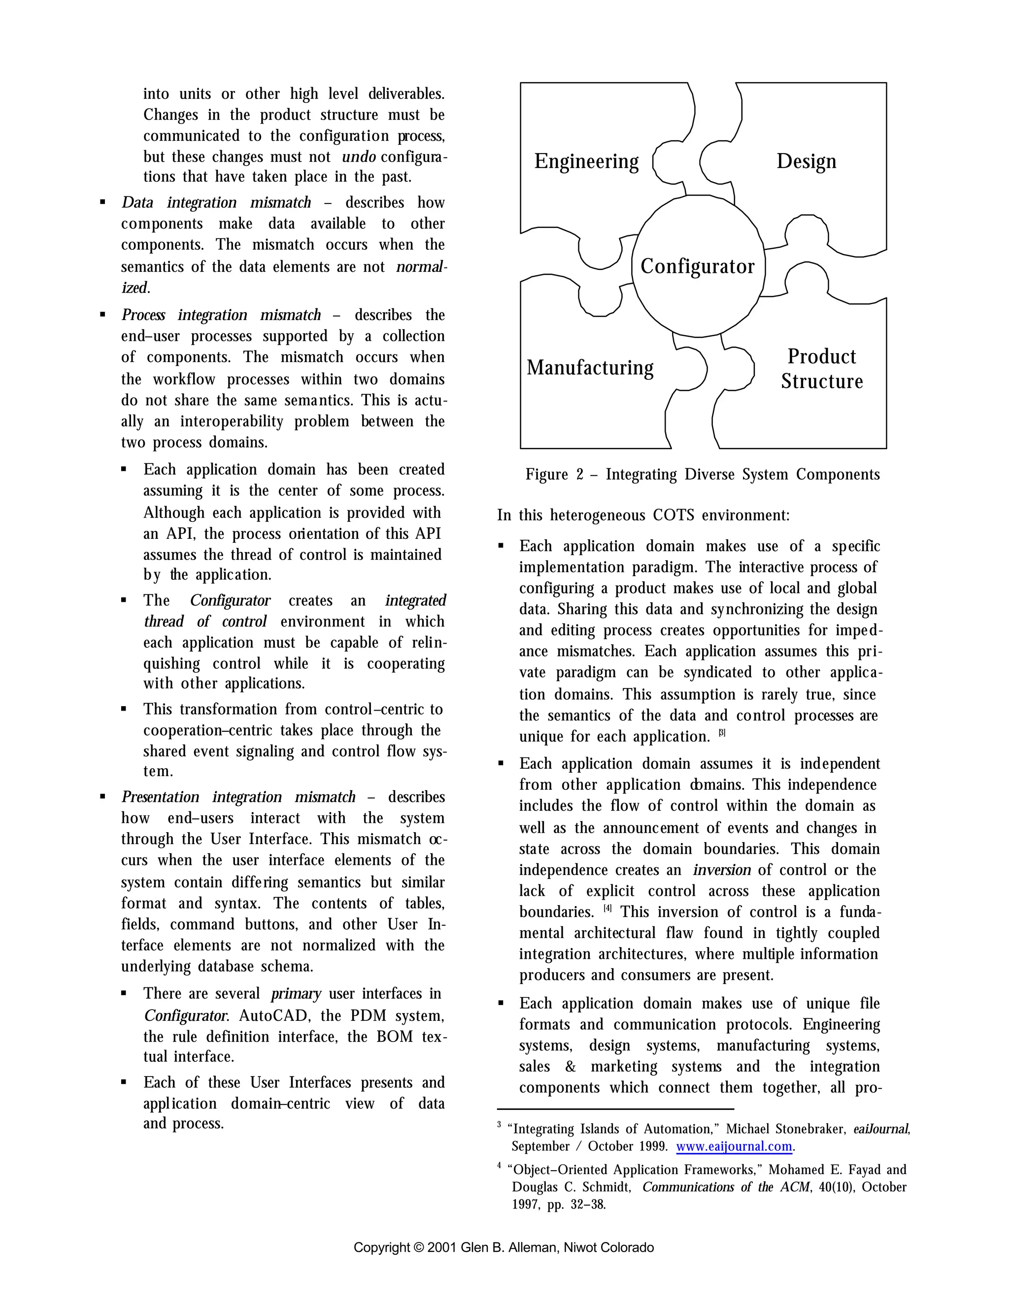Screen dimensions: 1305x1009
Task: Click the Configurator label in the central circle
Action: [697, 266]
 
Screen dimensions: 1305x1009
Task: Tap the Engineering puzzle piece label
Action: [586, 162]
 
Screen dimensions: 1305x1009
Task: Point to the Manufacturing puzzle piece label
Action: [589, 367]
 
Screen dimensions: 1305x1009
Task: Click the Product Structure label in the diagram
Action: [821, 369]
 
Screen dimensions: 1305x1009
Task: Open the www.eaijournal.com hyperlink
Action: [734, 1146]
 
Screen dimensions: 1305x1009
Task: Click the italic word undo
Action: [359, 157]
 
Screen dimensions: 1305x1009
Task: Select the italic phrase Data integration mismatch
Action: [216, 202]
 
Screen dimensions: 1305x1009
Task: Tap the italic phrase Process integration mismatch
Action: [221, 315]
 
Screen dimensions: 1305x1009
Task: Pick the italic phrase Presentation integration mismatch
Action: [238, 797]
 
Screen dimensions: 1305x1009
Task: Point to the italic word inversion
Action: [721, 870]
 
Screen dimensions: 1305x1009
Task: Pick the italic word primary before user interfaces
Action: [295, 994]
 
